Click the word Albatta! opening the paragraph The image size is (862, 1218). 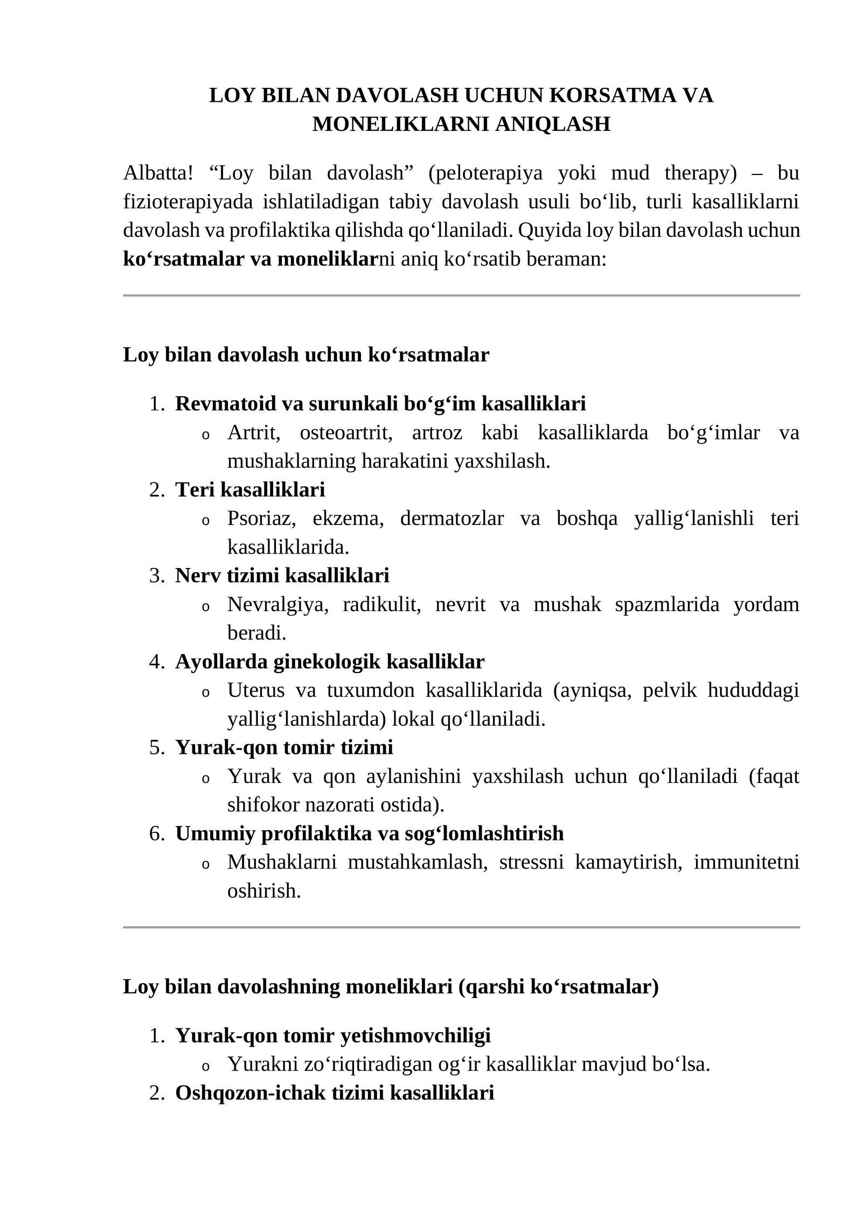point(158,173)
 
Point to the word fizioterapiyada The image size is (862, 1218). point(187,202)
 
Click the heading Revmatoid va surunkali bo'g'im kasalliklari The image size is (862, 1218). point(380,403)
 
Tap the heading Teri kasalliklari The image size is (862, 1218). point(250,489)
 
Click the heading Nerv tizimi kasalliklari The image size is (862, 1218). point(282,576)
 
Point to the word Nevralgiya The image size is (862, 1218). point(278,604)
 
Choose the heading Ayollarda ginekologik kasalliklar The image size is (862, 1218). point(330,661)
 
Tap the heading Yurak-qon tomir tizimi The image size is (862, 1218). point(284,747)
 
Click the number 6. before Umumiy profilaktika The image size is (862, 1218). point(157,834)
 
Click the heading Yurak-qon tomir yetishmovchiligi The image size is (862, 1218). point(333,1035)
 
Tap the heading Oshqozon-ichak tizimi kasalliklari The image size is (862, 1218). point(335,1093)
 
